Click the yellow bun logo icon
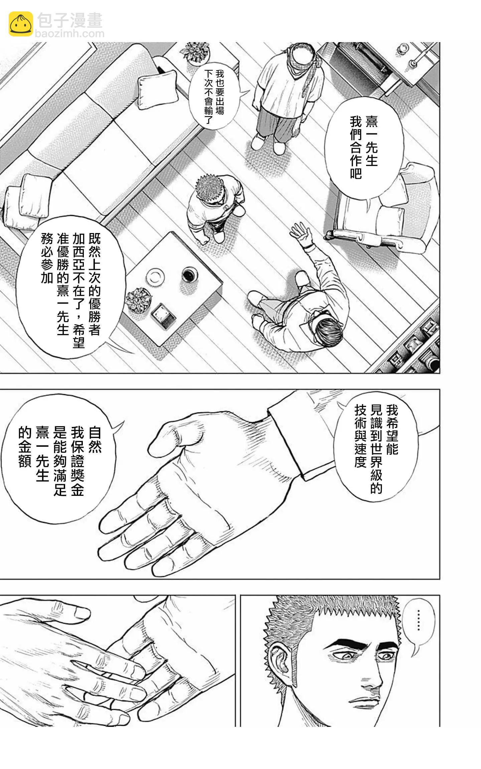(21, 24)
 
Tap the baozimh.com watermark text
(69, 33)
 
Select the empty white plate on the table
(155, 277)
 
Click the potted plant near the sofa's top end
(195, 53)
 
